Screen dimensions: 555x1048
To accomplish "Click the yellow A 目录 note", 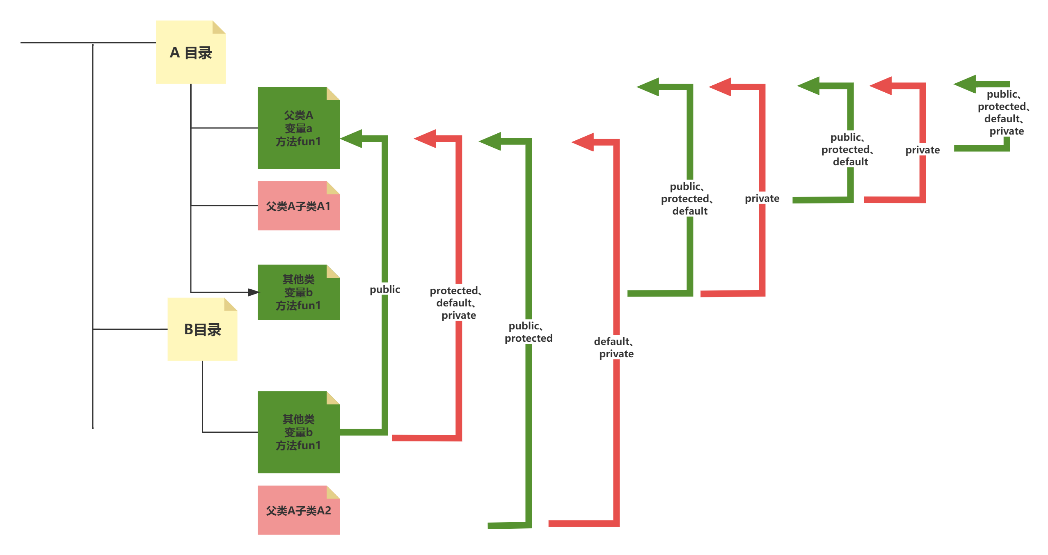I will (190, 53).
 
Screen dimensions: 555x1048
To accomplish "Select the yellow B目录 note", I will (202, 329).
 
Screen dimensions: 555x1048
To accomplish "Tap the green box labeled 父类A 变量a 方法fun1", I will (298, 128).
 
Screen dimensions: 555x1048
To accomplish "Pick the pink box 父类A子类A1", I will (298, 206).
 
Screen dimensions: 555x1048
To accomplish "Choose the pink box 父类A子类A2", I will (298, 510).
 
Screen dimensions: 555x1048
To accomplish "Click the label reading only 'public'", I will (384, 289).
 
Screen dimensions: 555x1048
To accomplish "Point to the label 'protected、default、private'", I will (458, 302).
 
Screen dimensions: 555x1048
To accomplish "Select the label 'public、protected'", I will (528, 331).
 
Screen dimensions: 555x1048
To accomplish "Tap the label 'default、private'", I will (616, 347).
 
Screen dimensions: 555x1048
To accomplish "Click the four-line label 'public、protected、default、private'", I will (1006, 112).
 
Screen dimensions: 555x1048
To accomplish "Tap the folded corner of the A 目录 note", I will (219, 27).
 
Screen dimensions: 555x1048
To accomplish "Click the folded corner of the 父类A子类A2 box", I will (333, 492).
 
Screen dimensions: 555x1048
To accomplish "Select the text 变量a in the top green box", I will (298, 128).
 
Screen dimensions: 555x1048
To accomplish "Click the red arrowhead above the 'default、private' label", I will (583, 142).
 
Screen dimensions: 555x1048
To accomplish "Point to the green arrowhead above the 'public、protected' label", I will (490, 141).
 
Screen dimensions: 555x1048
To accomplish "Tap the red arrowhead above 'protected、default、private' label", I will (425, 138).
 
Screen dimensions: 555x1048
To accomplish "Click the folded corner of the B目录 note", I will (230, 304).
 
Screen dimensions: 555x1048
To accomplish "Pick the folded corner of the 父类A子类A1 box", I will (333, 187).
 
